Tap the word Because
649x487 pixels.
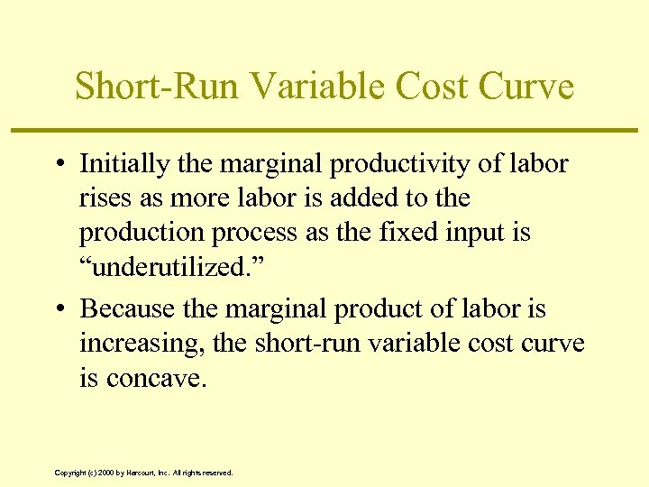[127, 308]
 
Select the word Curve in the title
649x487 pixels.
[526, 87]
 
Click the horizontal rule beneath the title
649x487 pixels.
[324, 131]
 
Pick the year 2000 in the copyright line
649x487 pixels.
[105, 473]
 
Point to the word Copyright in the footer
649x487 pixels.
[70, 473]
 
